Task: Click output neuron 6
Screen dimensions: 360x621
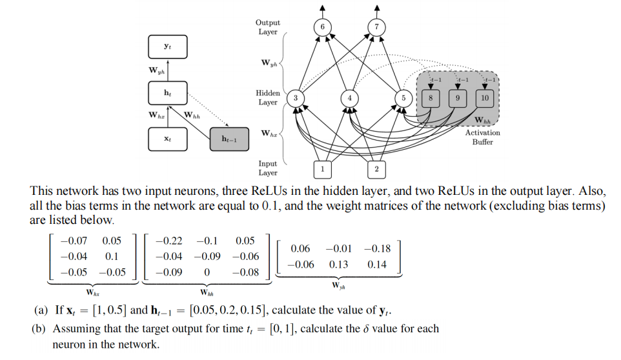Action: (323, 26)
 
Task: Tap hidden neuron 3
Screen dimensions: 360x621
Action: (295, 97)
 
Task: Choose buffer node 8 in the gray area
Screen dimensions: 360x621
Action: (431, 97)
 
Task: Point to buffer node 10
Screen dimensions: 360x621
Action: (485, 97)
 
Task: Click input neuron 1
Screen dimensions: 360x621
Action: (322, 168)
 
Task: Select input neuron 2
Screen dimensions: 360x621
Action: (376, 168)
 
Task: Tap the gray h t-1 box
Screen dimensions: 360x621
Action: (229, 139)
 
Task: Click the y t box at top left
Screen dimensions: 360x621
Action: (167, 46)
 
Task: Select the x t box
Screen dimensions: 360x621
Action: (167, 139)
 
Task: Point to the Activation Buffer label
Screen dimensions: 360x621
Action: (482, 137)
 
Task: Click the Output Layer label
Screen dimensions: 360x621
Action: (267, 27)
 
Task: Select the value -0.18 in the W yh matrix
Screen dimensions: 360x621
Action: (377, 248)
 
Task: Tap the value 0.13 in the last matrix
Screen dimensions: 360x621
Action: (338, 265)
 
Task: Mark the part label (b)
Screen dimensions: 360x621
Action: (41, 329)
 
